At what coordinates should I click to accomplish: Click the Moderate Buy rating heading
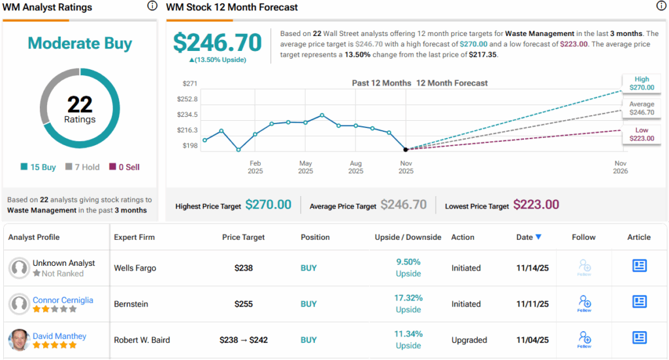click(x=80, y=44)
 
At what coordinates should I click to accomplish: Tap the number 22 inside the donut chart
click(x=80, y=104)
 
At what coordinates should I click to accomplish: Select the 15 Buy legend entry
click(x=39, y=167)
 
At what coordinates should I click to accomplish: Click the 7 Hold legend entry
click(x=82, y=167)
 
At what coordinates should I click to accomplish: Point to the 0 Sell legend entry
click(x=124, y=167)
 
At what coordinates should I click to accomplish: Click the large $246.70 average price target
click(x=217, y=42)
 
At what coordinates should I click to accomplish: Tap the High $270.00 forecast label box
click(x=641, y=83)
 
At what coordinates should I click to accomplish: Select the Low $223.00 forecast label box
click(x=641, y=135)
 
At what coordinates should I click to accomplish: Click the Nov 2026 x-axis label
click(x=620, y=167)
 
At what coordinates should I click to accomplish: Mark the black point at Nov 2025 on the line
click(x=406, y=150)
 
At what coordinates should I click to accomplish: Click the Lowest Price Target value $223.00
click(x=536, y=205)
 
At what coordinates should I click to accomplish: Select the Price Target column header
click(x=243, y=237)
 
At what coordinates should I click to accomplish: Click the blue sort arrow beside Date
click(x=538, y=237)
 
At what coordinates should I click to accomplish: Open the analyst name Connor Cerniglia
click(x=63, y=300)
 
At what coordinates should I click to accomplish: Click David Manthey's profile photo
click(x=18, y=340)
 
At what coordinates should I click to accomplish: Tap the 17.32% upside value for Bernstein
click(x=408, y=299)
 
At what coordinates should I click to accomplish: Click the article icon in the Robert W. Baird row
click(x=639, y=338)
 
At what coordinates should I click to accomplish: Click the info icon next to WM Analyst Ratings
click(x=152, y=7)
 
